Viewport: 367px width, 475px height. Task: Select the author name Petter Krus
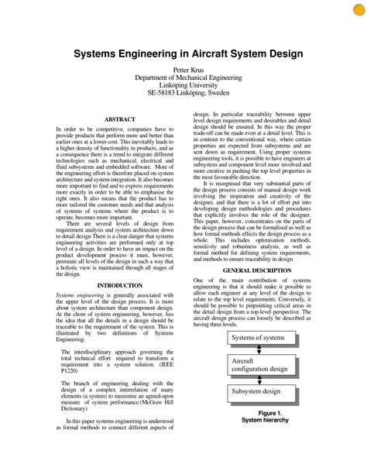click(183, 70)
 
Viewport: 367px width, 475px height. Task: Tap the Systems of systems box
click(259, 338)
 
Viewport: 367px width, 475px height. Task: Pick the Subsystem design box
click(259, 392)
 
